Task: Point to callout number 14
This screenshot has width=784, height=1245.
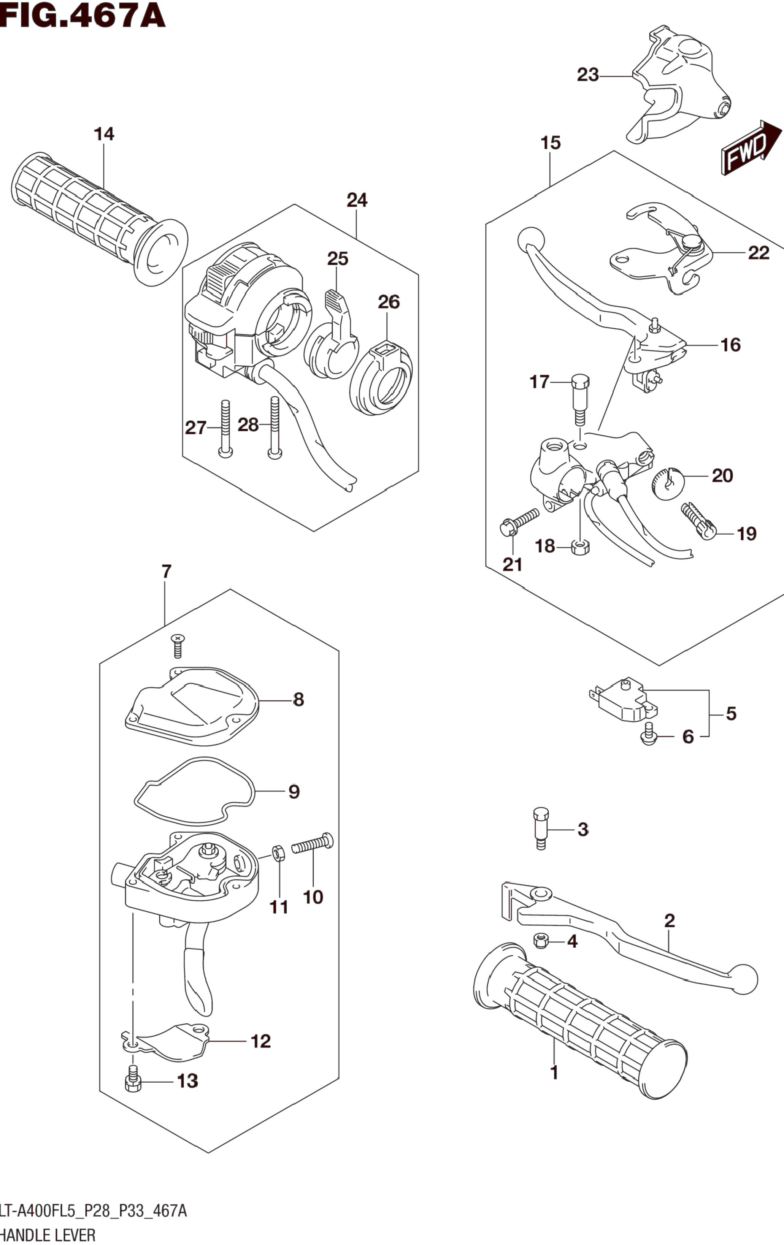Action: [x=103, y=134]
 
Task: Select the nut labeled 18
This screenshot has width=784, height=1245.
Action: [x=580, y=546]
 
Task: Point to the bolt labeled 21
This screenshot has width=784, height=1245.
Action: [x=518, y=522]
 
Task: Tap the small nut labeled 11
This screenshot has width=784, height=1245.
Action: [x=277, y=852]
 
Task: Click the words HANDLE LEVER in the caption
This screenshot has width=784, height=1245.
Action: [x=48, y=1236]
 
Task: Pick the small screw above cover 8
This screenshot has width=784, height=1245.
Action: [x=178, y=646]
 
